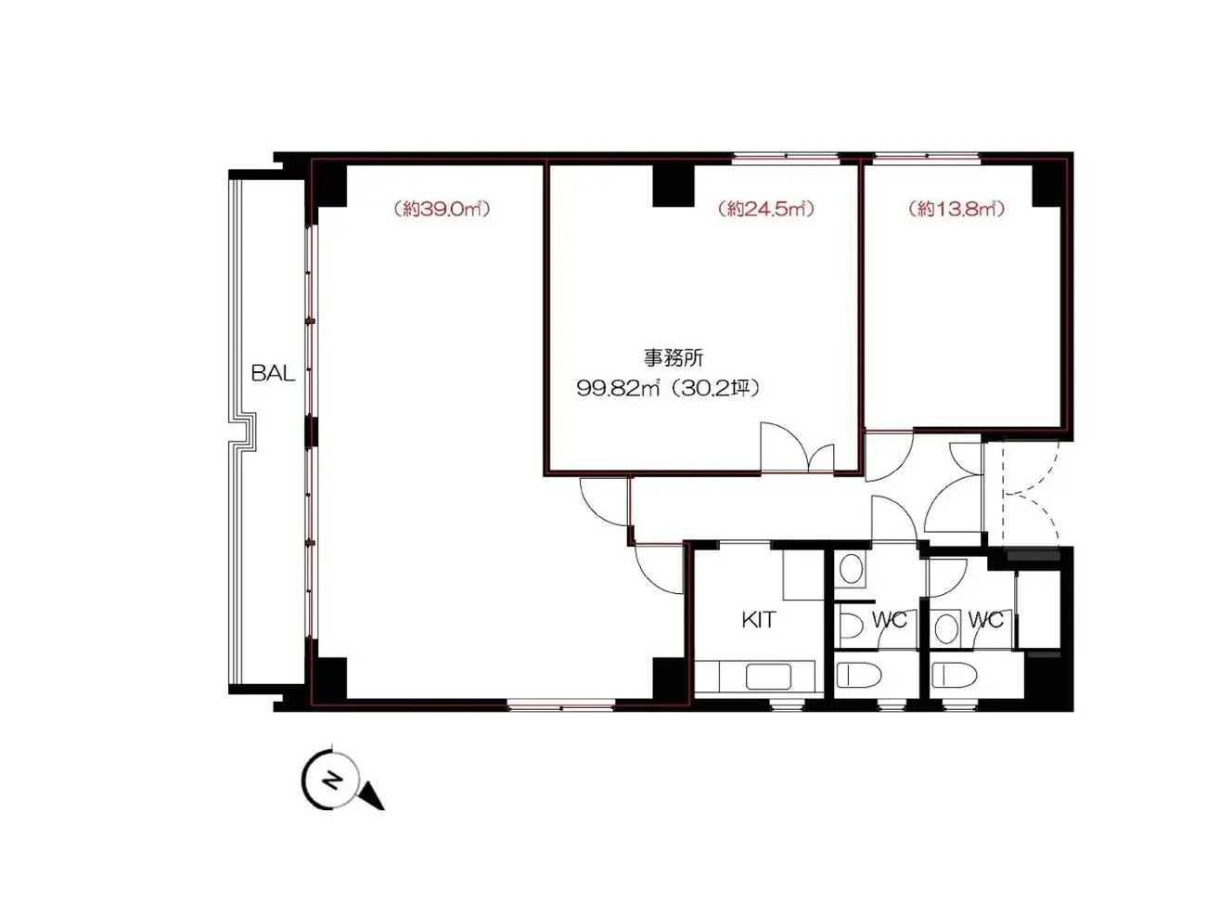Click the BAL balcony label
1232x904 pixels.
tap(273, 374)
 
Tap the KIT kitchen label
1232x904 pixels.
tap(759, 620)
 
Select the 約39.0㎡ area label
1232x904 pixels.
tap(442, 209)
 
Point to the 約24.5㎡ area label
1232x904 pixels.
tap(765, 209)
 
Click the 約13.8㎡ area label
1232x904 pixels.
tap(956, 209)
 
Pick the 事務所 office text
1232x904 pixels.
tap(674, 358)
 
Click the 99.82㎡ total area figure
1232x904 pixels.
tap(618, 389)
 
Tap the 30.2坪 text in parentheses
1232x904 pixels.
tap(714, 389)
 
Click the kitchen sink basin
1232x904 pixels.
tap(768, 677)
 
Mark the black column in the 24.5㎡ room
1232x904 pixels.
tap(674, 186)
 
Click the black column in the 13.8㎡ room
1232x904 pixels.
tap(1046, 186)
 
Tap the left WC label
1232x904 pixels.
tap(889, 620)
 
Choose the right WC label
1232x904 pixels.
tap(985, 620)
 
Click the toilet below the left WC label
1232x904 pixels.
tap(858, 675)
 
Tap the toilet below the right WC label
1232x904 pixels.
tap(955, 675)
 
